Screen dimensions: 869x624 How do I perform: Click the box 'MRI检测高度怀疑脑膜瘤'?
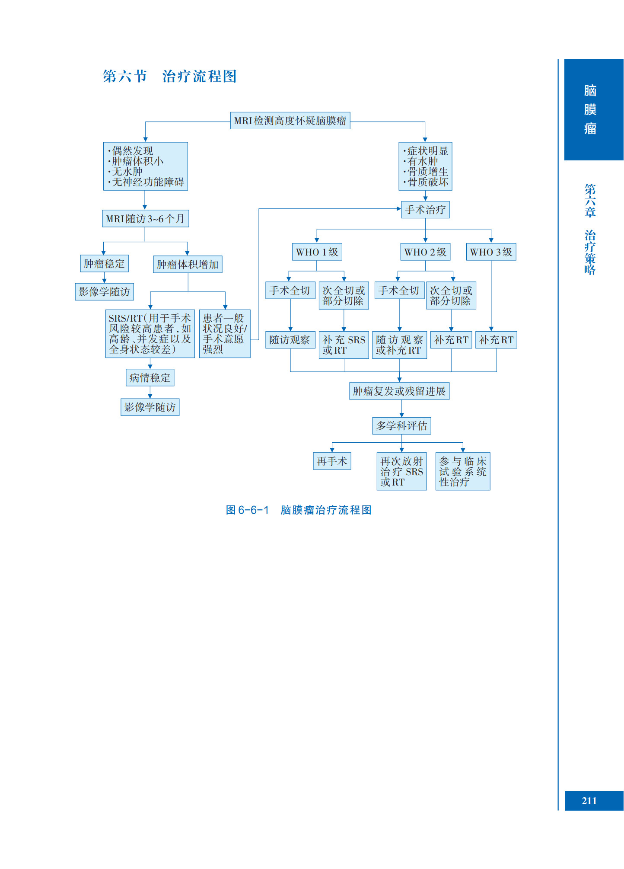(x=290, y=121)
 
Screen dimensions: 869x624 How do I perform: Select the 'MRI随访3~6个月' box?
(x=145, y=219)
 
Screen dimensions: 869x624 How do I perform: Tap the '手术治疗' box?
(x=425, y=210)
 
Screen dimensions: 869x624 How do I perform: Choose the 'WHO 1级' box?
(x=317, y=252)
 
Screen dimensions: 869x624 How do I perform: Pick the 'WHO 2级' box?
(x=425, y=252)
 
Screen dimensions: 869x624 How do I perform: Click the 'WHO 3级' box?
(x=491, y=252)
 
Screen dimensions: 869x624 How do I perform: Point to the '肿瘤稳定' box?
(x=104, y=264)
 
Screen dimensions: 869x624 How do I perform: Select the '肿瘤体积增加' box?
(x=188, y=265)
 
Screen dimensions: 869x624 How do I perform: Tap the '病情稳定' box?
(x=150, y=378)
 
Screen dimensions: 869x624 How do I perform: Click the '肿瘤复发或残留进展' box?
(x=399, y=391)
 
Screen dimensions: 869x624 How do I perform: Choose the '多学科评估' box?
(x=401, y=426)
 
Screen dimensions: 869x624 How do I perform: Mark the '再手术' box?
(x=332, y=461)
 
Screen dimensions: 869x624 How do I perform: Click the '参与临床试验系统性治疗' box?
(x=463, y=472)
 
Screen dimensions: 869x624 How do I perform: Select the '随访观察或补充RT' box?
(x=399, y=345)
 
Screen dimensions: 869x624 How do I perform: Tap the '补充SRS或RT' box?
(x=344, y=345)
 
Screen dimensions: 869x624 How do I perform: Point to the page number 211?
(x=589, y=801)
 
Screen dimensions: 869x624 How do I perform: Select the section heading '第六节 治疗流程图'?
(x=169, y=77)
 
